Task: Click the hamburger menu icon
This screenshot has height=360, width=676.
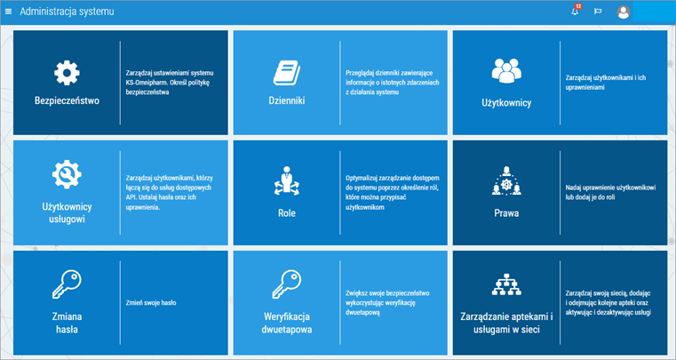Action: pyautogui.click(x=8, y=12)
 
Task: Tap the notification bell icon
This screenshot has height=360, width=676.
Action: pyautogui.click(x=575, y=12)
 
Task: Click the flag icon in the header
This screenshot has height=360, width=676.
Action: pyautogui.click(x=598, y=12)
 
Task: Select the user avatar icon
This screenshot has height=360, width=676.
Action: pyautogui.click(x=624, y=12)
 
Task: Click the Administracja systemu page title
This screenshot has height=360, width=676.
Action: pyautogui.click(x=67, y=12)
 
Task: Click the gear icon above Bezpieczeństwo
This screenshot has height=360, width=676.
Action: pyautogui.click(x=67, y=73)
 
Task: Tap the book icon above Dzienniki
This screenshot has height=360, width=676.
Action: pyautogui.click(x=287, y=73)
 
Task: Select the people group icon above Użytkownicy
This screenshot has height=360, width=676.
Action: pyautogui.click(x=506, y=71)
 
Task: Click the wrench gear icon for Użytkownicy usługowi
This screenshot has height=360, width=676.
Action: pyautogui.click(x=67, y=174)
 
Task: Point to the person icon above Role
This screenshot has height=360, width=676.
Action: pyautogui.click(x=287, y=180)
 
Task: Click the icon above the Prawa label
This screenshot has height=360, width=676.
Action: pyautogui.click(x=506, y=180)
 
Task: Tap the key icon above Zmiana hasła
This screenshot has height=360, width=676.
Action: pyautogui.click(x=67, y=284)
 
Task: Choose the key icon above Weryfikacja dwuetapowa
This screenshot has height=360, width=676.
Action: pyautogui.click(x=287, y=284)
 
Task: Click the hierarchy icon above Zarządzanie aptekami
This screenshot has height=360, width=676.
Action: pyautogui.click(x=506, y=284)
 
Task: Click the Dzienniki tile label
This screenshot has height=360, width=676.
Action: pyautogui.click(x=287, y=100)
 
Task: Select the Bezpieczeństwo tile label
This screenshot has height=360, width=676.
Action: pyautogui.click(x=67, y=100)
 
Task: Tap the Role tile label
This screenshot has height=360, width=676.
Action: pyautogui.click(x=287, y=212)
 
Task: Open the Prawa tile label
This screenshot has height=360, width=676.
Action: pyautogui.click(x=506, y=212)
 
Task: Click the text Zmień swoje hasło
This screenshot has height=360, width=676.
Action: pyautogui.click(x=151, y=303)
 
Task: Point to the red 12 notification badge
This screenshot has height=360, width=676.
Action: pyautogui.click(x=578, y=6)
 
